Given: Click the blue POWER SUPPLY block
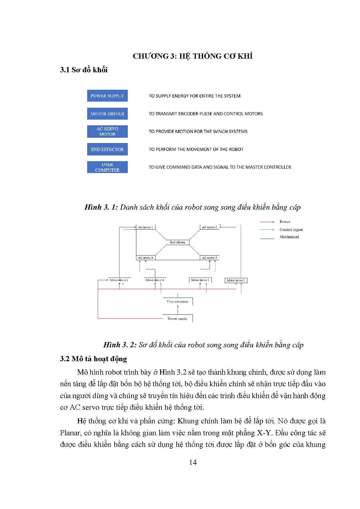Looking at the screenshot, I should pos(107,96).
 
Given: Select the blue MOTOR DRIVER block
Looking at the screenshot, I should pos(107,114).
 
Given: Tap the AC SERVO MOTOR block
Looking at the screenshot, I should pos(107,132).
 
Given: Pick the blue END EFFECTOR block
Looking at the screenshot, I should pos(107,150).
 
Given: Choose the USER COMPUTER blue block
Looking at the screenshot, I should pos(107,167).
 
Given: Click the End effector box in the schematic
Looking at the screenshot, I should pos(178,242).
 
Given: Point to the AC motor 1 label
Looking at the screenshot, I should pos(145,227).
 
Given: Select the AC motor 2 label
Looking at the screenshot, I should pos(209,227).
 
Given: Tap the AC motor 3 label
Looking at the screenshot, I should pos(209,258).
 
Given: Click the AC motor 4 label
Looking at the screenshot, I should pos(145,258).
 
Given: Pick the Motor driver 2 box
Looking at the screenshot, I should pos(236,280).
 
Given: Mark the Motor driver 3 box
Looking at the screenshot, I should pos(200,280).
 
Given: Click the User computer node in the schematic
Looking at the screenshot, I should pos(178,301).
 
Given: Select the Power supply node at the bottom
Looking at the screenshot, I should pos(178,319).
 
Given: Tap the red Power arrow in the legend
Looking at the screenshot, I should pos(267,222).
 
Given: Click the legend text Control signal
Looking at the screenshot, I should pos(291,230).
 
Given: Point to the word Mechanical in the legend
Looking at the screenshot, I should pos(289,237).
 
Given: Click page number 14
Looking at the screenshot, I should pos(193,463).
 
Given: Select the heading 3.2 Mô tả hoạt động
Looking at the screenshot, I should pos(93,359).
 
